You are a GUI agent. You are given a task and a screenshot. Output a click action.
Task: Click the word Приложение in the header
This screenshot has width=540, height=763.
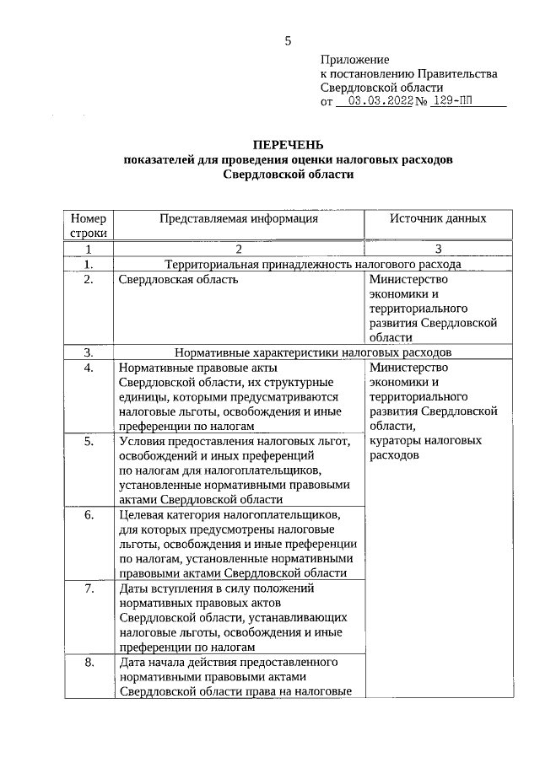coord(354,60)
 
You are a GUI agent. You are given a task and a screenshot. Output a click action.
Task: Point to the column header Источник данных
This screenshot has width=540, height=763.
coord(437,218)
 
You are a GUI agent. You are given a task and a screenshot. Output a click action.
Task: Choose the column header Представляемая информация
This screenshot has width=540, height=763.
coord(239,218)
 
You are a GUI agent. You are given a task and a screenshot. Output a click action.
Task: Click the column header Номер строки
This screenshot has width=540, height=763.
coord(88,224)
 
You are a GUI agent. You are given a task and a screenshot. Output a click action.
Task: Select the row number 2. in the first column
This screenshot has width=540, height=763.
coord(88,280)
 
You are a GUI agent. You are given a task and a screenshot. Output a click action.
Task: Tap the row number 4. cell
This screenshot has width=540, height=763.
coord(88,368)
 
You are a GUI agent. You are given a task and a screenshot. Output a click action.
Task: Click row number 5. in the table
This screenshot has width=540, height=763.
coord(88,440)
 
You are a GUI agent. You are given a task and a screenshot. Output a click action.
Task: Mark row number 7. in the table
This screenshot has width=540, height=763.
coord(88,587)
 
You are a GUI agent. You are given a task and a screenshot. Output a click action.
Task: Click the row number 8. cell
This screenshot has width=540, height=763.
coord(88,661)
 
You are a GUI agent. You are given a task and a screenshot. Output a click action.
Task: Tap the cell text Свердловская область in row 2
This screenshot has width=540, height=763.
coord(178,280)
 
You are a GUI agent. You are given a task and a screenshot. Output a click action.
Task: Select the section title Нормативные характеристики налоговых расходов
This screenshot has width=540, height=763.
coord(313,352)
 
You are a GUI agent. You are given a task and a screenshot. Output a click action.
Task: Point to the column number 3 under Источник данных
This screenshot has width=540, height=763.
coord(437,249)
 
